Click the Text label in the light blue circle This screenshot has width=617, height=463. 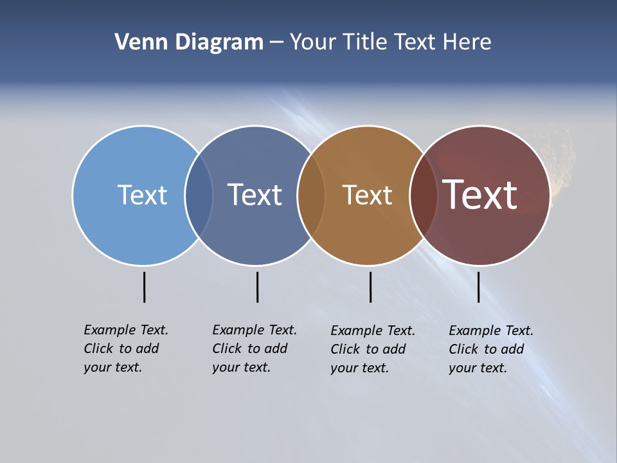pos(142,195)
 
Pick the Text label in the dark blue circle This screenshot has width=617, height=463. pos(255,195)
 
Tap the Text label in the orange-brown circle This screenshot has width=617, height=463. pos(367,195)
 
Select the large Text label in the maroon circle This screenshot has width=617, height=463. pos(480,195)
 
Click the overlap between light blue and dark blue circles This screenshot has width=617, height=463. pos(199,195)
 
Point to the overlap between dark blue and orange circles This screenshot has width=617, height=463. pos(311,195)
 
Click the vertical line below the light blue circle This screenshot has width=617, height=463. pos(144,287)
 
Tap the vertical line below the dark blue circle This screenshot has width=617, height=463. pos(257,287)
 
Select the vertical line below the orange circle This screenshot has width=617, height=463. pos(370,287)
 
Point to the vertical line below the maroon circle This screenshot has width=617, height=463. pos(478,287)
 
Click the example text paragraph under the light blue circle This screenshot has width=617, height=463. pos(126,349)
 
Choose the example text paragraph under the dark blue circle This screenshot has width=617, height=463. pos(255,349)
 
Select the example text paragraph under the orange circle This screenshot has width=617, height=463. pos(373,349)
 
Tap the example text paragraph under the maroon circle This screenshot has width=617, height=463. pos(491,349)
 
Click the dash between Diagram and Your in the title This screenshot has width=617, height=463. pos(276,42)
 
